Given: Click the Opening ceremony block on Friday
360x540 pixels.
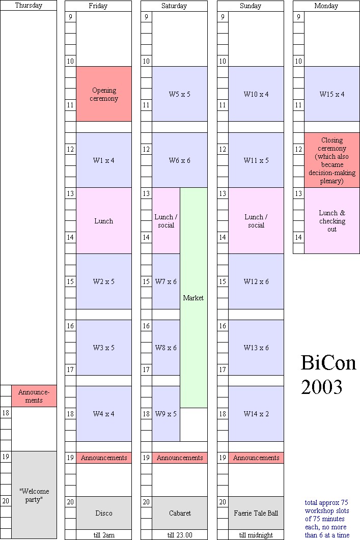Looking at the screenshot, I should [104, 94].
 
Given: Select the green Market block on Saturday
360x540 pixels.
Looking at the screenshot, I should [193, 298].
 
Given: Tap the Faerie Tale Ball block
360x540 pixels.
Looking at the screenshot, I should [256, 513].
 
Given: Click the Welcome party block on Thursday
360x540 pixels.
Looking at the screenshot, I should [34, 495].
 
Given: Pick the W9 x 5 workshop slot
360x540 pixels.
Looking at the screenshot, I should [166, 414].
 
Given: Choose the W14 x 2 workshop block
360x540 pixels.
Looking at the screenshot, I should [256, 414].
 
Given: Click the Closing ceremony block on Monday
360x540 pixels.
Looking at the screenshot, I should [332, 160].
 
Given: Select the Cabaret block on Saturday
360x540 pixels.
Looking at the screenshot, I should [180, 513].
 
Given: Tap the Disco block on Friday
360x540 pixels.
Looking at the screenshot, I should [104, 513].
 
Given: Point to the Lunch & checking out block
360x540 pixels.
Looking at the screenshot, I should [332, 221].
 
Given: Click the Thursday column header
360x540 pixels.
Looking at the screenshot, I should [29, 6].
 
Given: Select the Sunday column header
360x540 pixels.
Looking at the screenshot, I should [251, 6].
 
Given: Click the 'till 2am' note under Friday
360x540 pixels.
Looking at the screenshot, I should [104, 535].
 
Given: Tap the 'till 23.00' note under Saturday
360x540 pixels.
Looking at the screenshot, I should [180, 535].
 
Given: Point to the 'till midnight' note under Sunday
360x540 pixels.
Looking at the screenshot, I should [256, 535].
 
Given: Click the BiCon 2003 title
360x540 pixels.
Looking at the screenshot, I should [328, 375].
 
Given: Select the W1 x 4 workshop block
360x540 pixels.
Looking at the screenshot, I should [104, 160].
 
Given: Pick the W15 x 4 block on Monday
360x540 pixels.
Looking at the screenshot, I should [332, 94].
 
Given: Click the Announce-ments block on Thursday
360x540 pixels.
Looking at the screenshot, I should [34, 396].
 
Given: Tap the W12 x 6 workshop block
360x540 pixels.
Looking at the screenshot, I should [256, 281].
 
